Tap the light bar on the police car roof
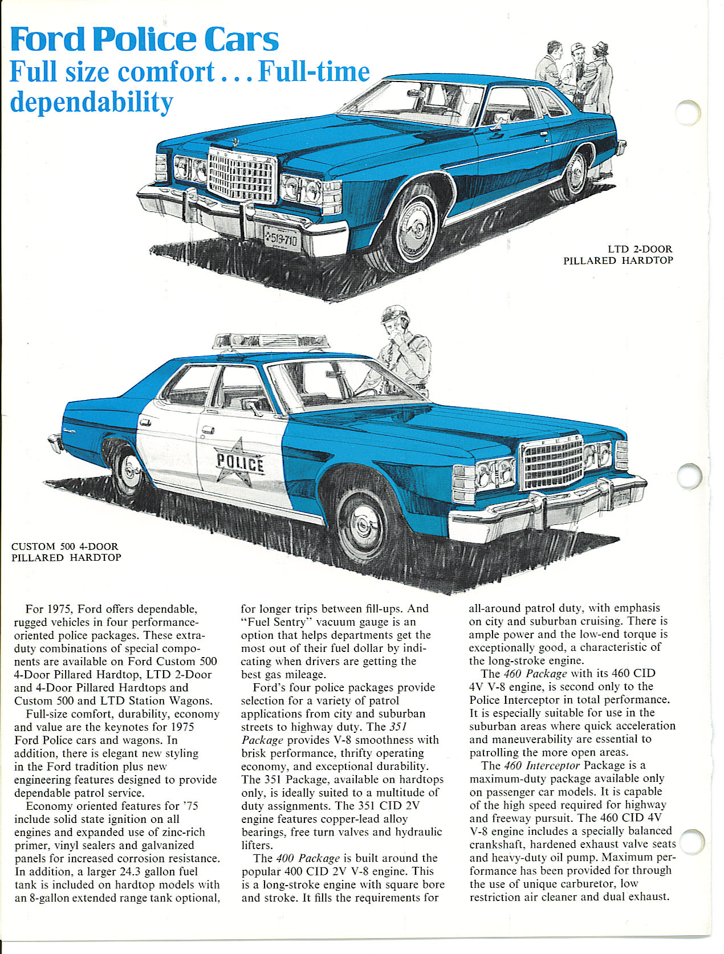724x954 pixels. [271, 341]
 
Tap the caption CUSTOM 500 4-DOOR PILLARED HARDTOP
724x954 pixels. [66, 552]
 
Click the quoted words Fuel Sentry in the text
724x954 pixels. [277, 622]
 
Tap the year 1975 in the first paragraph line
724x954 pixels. [58, 609]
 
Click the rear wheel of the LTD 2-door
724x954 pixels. [576, 173]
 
